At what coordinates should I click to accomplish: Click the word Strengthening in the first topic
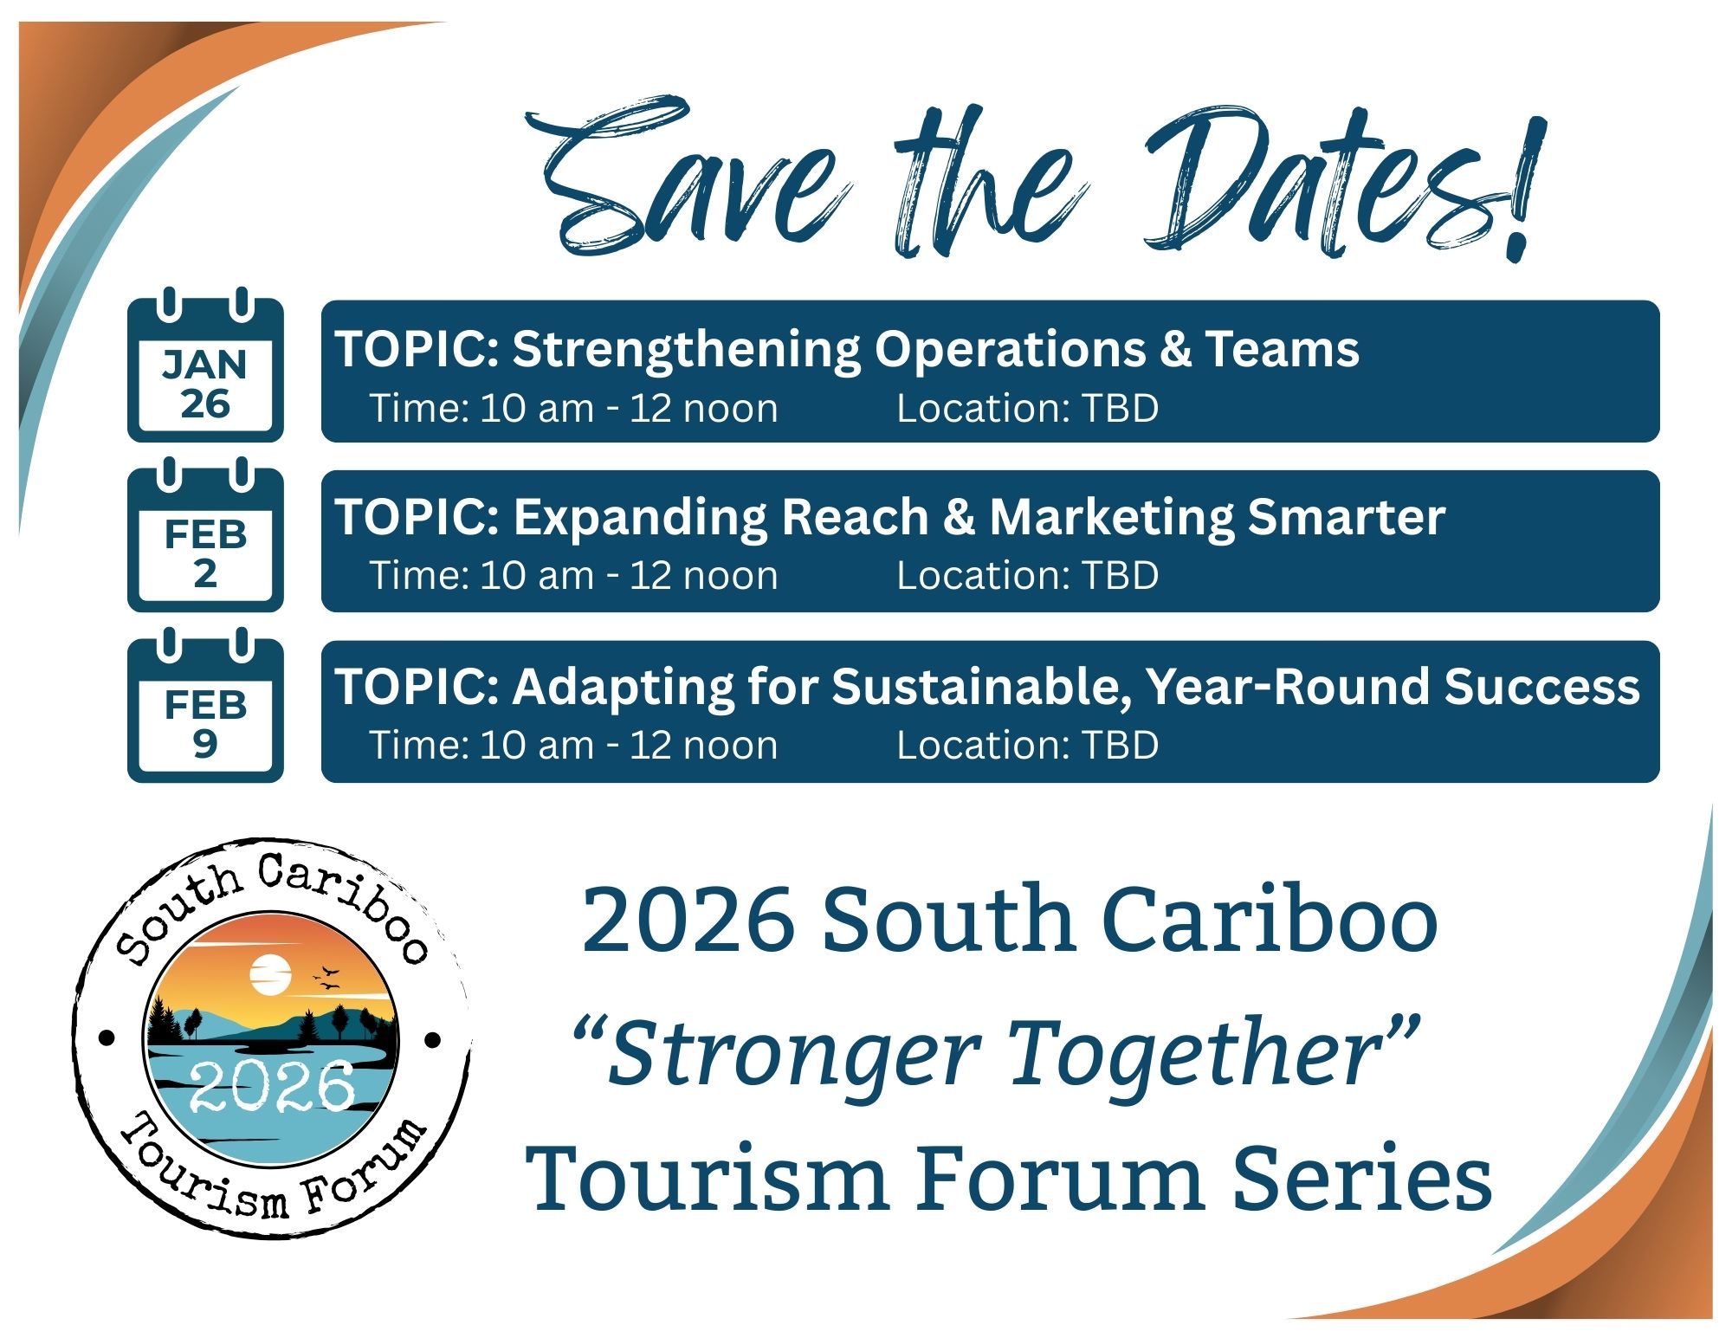(685, 349)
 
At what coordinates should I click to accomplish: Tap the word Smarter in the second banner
(1347, 517)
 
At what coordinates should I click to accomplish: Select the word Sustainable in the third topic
(982, 687)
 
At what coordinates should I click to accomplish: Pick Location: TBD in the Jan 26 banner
(1027, 409)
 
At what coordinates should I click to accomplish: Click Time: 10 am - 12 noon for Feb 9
(573, 746)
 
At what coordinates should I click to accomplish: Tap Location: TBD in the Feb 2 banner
(1027, 576)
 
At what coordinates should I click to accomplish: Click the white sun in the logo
(270, 975)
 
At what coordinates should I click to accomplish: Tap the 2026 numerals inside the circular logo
(272, 1086)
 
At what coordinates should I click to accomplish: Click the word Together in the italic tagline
(1212, 1052)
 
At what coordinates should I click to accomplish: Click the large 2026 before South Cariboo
(688, 920)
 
